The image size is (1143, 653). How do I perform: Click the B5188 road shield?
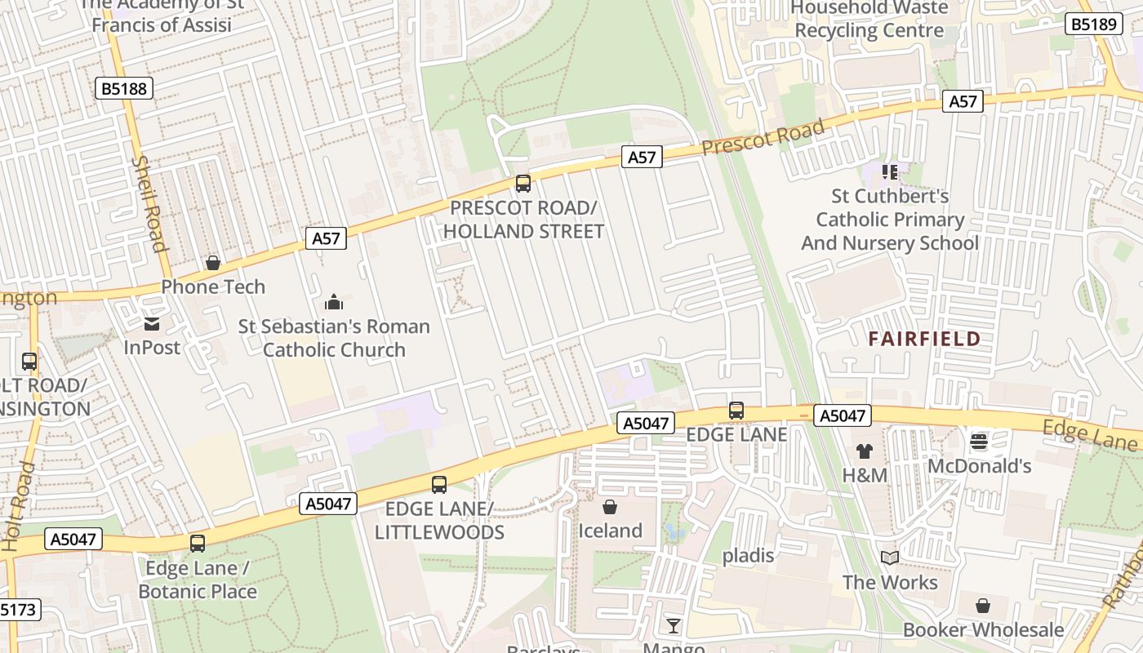pos(125,88)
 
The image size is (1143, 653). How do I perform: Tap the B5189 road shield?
pos(1092,24)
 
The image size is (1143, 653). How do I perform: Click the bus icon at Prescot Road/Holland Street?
pos(523,184)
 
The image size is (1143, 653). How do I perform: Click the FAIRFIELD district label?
pos(924,340)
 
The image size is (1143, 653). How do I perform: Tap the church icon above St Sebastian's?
pos(333,303)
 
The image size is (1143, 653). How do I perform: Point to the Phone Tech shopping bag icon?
pos(213,263)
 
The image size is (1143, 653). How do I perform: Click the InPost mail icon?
pos(152,324)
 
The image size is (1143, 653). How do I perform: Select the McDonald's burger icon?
pos(979,442)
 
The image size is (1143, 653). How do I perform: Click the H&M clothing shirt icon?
pos(865,451)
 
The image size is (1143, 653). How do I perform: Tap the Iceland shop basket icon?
pos(609,507)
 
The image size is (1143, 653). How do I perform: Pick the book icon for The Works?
pos(890,558)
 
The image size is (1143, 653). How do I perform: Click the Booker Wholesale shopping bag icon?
pos(983,606)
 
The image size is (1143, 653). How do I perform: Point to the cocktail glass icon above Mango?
pos(673,626)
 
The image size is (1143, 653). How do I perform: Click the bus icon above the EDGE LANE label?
pos(736,411)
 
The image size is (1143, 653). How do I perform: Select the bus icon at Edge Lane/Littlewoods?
pos(439,485)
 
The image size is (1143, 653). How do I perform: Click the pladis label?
pos(748,556)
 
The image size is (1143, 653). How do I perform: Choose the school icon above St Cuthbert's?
pos(890,172)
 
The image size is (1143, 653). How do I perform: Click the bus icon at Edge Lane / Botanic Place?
pos(198,544)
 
